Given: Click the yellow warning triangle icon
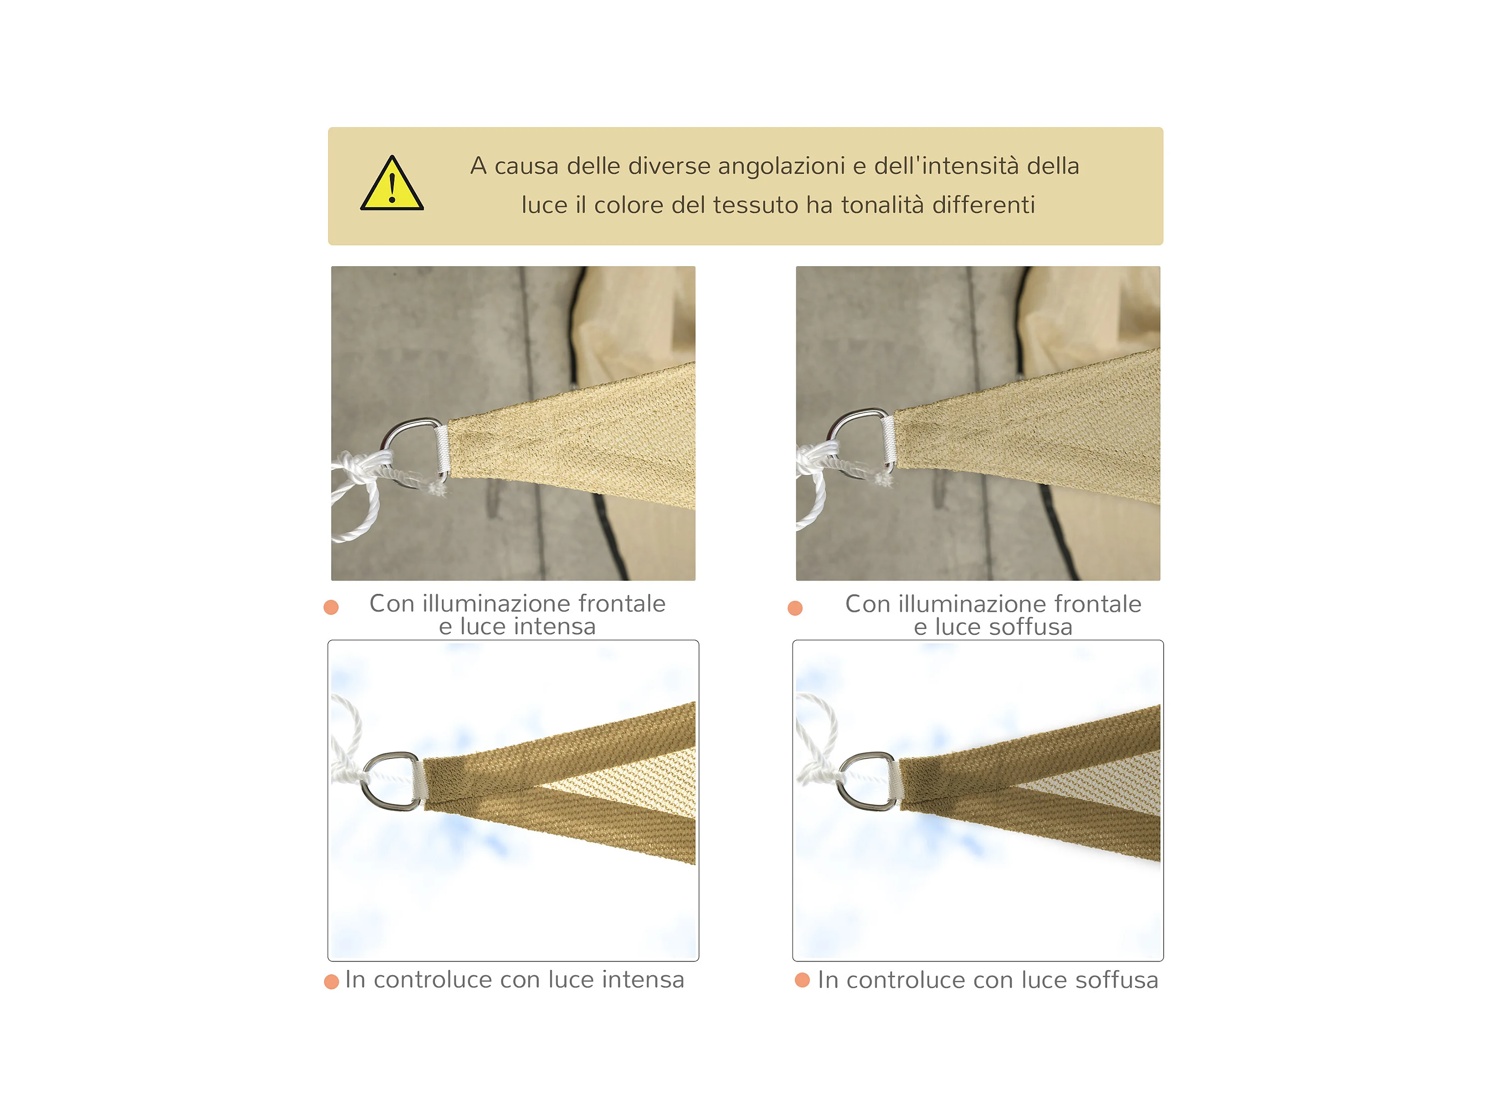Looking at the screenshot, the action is (391, 184).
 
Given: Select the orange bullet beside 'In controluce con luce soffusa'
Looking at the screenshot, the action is (802, 980).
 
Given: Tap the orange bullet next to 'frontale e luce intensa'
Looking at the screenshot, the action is (331, 607).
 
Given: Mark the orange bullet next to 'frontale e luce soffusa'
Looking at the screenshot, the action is (795, 608).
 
